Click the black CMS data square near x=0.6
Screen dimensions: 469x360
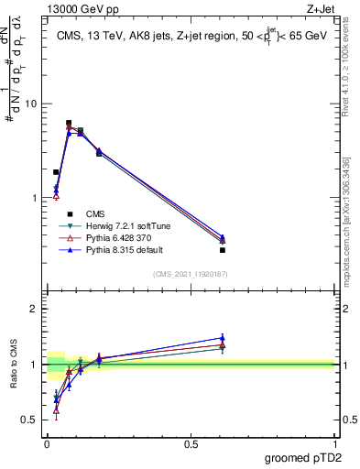point(223,250)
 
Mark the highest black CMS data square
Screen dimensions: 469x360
point(69,123)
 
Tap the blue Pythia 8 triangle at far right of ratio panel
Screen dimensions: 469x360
point(223,337)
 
